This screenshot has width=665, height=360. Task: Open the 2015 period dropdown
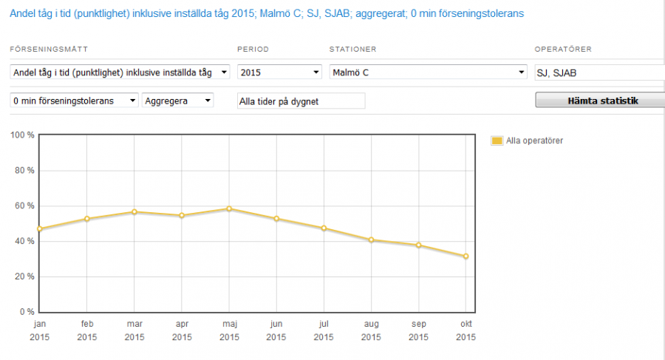279,72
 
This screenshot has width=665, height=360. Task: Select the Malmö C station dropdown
427,72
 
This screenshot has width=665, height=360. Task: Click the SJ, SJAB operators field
598,72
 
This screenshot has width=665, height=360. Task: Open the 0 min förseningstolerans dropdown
75,101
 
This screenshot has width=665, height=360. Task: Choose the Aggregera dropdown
178,101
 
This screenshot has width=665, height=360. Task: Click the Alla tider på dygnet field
300,101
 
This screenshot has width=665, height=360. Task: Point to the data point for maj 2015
229,208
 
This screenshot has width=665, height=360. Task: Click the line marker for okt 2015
465,257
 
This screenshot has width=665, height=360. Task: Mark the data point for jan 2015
39,229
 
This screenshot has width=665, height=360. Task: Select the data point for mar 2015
134,212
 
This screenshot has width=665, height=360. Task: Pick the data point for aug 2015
371,240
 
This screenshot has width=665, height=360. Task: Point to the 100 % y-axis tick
21,135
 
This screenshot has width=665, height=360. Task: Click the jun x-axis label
276,325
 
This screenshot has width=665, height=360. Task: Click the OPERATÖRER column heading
563,49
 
